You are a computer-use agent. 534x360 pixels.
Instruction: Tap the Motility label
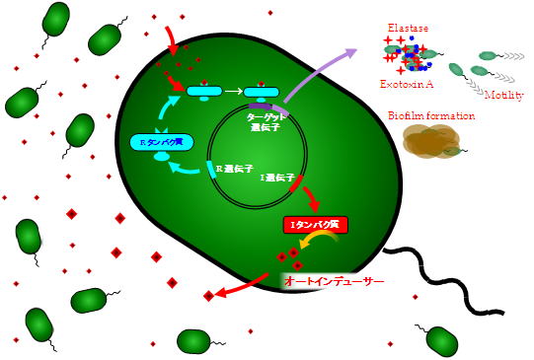(503, 95)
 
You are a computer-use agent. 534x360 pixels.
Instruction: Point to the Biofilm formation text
(432, 115)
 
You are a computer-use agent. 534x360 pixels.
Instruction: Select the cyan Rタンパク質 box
(159, 142)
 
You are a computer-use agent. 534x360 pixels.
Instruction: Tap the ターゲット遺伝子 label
(266, 121)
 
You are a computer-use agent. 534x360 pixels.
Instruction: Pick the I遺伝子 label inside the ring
(274, 178)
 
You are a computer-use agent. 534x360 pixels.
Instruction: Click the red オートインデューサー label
(333, 281)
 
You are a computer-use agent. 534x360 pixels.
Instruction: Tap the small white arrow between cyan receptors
(233, 92)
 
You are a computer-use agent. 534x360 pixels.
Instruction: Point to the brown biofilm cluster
(430, 142)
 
